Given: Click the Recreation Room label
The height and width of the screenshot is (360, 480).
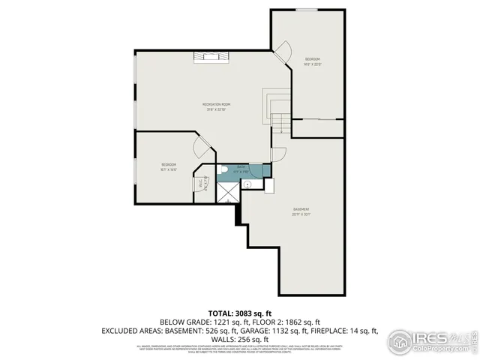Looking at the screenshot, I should [x=216, y=104].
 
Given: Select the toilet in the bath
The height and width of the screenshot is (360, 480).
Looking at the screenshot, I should [x=223, y=169].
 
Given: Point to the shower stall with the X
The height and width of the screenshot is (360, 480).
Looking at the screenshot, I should [x=227, y=192].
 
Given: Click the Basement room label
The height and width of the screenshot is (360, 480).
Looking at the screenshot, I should [x=301, y=209].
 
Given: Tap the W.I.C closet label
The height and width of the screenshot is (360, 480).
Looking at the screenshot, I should [x=201, y=183].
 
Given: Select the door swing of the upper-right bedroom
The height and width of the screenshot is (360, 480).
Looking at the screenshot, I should [x=283, y=52].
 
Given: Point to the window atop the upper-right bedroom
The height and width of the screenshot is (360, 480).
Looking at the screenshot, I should [x=305, y=10].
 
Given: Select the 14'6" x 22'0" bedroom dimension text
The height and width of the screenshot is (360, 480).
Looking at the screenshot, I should [x=313, y=64].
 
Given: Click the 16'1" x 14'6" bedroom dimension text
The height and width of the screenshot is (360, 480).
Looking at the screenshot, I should [x=169, y=169].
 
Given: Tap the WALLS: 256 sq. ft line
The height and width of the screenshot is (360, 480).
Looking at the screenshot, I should [x=239, y=339].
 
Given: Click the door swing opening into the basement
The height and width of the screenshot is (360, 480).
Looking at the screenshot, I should [x=278, y=156].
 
